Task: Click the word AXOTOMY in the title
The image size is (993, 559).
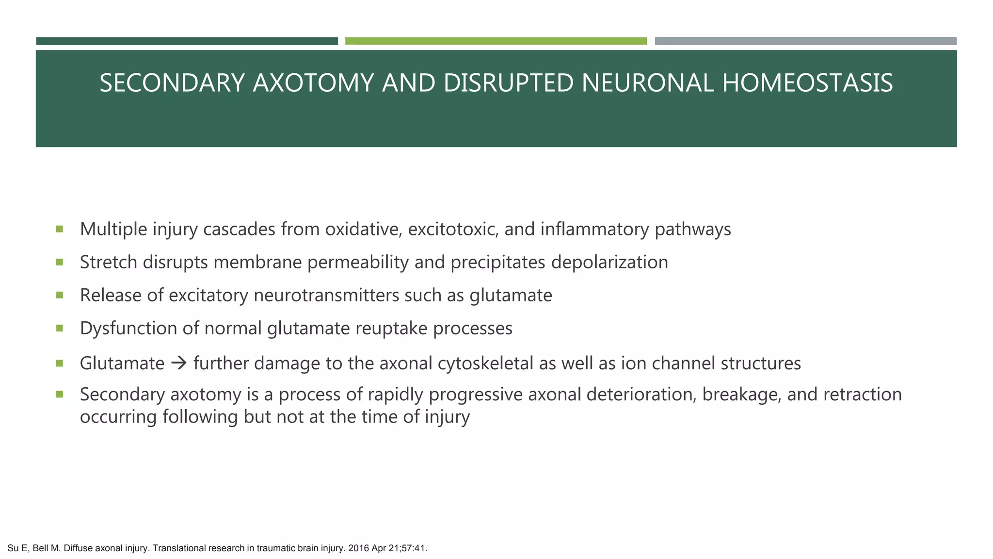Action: click(x=313, y=83)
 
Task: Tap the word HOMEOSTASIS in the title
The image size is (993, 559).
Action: click(x=807, y=83)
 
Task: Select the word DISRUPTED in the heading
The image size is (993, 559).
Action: click(x=508, y=83)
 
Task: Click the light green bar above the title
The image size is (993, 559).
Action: click(x=496, y=41)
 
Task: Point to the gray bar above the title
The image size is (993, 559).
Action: click(x=805, y=41)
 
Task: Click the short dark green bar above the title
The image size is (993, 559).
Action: click(x=187, y=41)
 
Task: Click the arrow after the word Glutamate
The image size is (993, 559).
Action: click(x=179, y=363)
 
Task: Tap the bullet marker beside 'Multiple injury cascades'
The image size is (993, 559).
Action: click(x=60, y=229)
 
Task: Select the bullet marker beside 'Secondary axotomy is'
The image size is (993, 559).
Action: click(x=60, y=395)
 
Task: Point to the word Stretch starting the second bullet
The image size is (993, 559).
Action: click(x=108, y=263)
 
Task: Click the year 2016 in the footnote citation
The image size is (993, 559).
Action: click(x=358, y=549)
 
